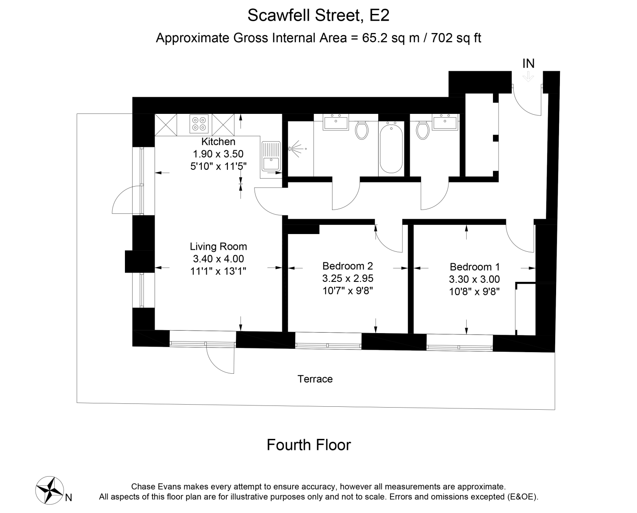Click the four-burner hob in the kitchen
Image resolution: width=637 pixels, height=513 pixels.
pos(199,124)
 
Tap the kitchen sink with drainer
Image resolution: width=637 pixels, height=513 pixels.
pos(271,156)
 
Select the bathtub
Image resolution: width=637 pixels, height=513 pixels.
pos(391,148)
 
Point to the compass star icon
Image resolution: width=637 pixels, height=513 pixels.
pos(50,490)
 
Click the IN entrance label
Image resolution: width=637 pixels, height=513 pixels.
pos(529,63)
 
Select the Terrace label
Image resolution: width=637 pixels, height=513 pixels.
pos(315,379)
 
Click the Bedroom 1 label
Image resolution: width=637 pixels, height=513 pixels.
pos(474,267)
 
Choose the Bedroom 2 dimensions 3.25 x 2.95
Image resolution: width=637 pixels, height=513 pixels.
pos(348,279)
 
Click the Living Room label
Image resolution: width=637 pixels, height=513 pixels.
pos(219,246)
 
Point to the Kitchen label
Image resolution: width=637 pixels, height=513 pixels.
pos(219,141)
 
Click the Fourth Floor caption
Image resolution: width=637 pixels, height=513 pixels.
pos(309,445)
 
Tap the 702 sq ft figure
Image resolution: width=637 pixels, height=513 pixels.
pos(456,38)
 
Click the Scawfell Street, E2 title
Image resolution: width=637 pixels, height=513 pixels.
pos(318,15)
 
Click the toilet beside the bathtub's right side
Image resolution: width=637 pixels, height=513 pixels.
pos(423,130)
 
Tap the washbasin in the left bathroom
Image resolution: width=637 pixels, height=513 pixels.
pos(336,122)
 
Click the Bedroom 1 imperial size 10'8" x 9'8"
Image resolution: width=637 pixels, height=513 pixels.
pos(474,292)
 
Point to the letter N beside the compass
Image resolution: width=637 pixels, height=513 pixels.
pos(68,498)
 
